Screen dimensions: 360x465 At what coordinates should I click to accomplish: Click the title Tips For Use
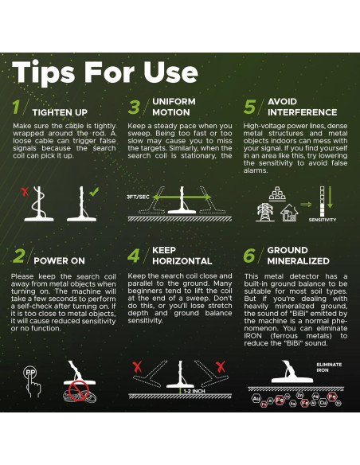105,72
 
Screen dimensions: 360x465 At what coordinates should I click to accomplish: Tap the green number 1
16,107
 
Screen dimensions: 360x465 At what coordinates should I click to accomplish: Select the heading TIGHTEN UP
60,112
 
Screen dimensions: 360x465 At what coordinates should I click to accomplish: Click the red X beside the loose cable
25,191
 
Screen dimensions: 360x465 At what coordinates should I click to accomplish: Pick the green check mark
94,192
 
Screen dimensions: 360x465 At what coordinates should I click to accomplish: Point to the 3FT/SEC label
138,197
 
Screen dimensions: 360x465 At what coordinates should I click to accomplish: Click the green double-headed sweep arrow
182,197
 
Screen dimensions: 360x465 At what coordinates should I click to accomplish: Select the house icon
289,213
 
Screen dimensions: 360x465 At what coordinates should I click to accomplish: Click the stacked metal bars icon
277,194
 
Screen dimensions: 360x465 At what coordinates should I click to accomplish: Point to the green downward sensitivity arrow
330,197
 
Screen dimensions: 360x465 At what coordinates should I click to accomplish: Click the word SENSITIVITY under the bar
323,220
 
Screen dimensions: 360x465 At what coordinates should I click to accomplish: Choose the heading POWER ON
59,260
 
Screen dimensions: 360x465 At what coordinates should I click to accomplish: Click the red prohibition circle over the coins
79,391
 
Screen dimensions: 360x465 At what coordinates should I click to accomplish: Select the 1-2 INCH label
194,391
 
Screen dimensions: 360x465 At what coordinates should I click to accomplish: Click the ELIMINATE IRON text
329,367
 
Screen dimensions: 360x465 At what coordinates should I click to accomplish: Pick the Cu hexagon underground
323,402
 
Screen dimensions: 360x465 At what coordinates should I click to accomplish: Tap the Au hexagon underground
256,399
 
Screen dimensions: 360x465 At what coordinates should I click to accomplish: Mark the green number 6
249,256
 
